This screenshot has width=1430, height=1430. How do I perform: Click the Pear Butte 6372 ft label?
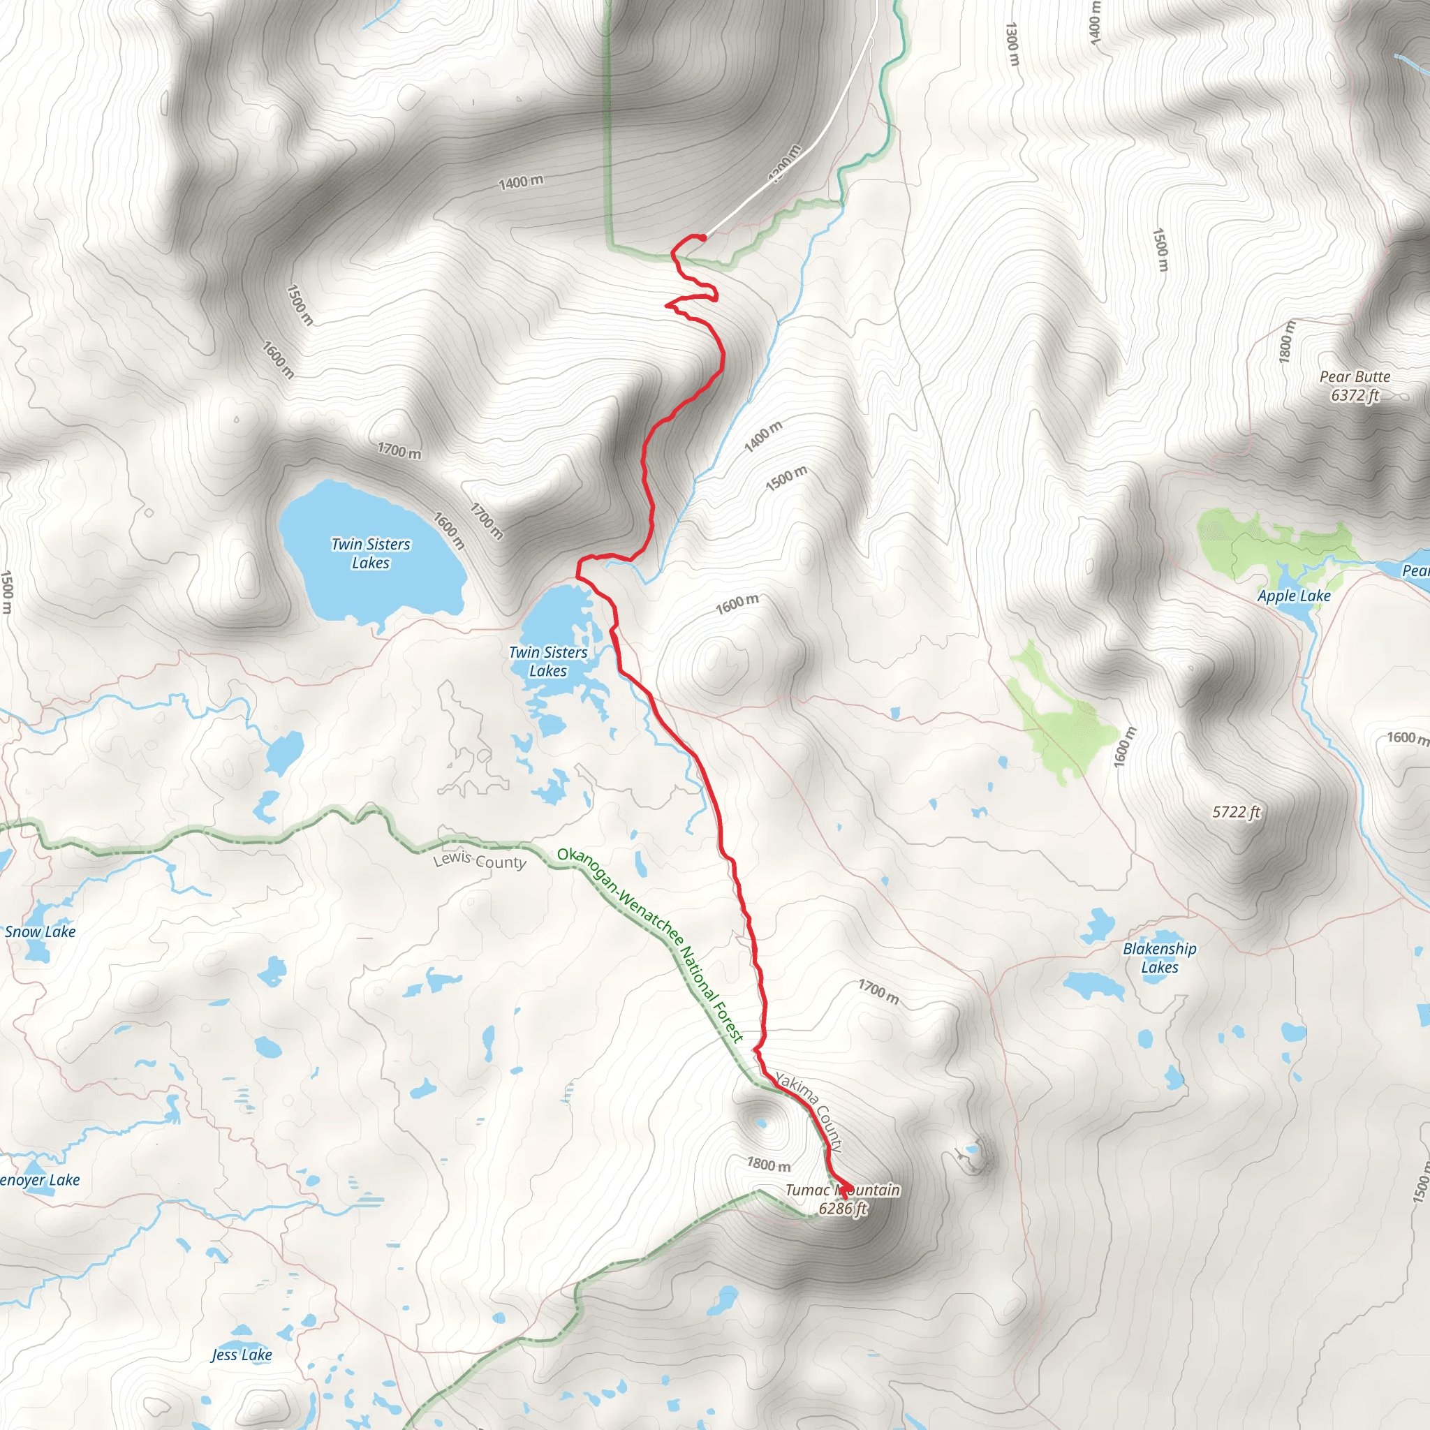1355,385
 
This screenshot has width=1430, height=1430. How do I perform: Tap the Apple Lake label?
1294,596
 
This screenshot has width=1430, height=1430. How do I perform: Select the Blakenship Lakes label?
1159,958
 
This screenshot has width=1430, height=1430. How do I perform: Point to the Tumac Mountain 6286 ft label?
842,1199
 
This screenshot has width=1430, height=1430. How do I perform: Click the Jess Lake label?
242,1355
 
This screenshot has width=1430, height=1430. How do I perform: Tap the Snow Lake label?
40,932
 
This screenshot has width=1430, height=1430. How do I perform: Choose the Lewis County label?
480,861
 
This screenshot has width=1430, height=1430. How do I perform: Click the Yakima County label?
810,1111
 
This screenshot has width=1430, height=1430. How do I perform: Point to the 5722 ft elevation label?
1235,812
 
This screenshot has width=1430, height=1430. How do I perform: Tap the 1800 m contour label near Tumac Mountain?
768,1164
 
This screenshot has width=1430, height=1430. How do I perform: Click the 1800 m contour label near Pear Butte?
1287,342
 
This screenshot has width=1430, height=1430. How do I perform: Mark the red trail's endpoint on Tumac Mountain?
843,1191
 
